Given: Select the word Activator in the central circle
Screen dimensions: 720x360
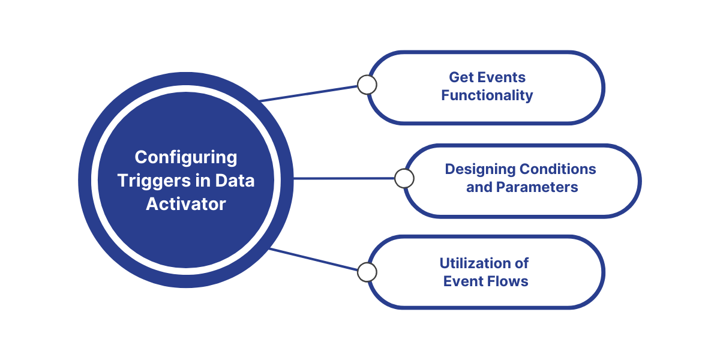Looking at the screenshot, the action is (186, 204).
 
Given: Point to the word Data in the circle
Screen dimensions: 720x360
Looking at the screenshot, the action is (235, 181).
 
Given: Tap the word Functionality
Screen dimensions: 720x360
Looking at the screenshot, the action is (487, 96).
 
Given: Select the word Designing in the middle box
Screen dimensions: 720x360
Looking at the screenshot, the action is (479, 170).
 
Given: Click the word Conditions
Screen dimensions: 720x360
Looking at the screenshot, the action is (558, 169).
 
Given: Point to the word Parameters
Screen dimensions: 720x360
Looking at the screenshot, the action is (537, 187).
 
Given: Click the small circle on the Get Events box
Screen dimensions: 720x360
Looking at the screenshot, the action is (367, 85).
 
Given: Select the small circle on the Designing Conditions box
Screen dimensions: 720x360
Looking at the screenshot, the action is (404, 178).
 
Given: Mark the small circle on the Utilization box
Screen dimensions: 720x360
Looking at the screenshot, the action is (367, 272).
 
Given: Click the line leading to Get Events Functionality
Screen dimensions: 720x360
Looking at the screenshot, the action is (309, 94).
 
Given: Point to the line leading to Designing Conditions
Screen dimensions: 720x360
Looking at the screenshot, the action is (344, 178).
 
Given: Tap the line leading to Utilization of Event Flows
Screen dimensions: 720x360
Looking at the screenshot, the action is (313, 259).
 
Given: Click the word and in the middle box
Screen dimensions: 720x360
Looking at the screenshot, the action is (479, 187).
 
